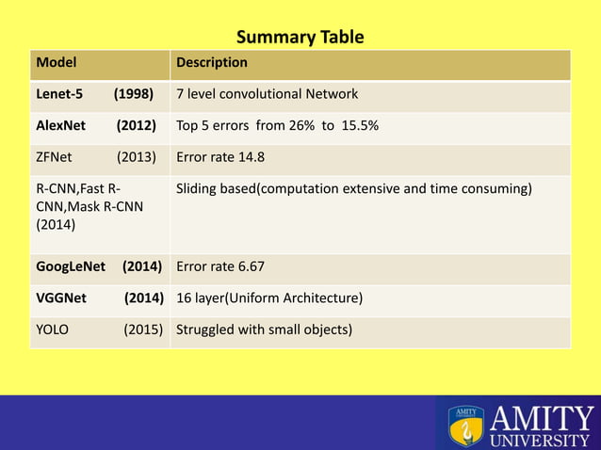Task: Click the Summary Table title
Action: tap(300, 38)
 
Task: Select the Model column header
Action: tap(56, 63)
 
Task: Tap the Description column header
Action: tap(212, 63)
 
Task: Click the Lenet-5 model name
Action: tap(59, 94)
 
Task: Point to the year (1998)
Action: tap(134, 94)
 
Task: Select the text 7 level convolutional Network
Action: tap(267, 94)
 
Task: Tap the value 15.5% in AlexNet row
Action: tap(358, 125)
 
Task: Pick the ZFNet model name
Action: tap(54, 157)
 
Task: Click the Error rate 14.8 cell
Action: tap(220, 157)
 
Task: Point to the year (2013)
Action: tap(136, 157)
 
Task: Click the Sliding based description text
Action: tap(353, 189)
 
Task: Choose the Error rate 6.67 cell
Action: tap(220, 267)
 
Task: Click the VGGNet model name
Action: tap(61, 298)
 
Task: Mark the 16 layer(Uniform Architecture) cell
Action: tap(268, 298)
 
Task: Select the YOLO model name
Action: tap(52, 329)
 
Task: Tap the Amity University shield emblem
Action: tap(465, 426)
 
